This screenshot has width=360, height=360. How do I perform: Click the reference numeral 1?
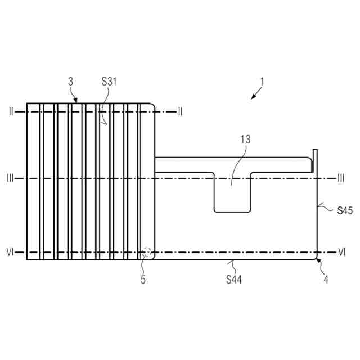coord(262,81)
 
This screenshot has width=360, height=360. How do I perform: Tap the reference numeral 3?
coord(70,82)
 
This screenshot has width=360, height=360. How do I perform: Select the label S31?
coord(110,82)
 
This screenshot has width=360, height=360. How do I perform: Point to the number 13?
coord(245,139)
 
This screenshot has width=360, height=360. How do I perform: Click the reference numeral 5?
coord(143,278)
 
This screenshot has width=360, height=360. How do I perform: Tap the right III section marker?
coord(341,178)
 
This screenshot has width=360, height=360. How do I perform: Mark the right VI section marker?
coord(341,253)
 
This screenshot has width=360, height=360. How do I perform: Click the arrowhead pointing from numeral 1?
coord(254,97)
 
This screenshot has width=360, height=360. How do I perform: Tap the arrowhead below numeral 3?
coord(76,101)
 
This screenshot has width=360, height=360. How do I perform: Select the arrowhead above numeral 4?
coord(318,260)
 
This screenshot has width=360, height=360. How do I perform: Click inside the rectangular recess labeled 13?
coord(232,194)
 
